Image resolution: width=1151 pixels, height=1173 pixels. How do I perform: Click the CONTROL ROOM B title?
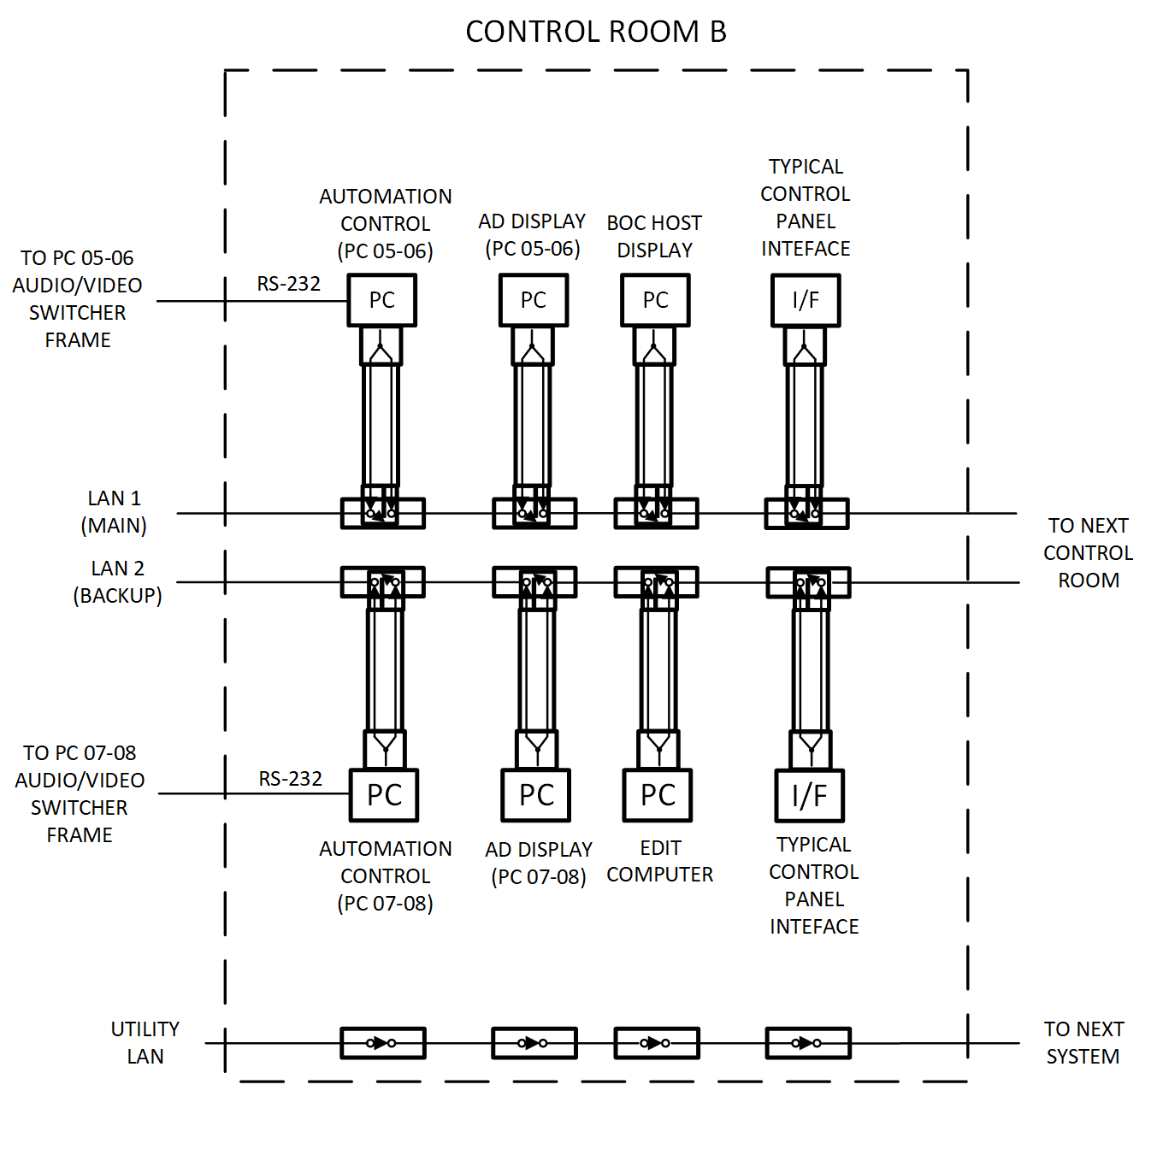point(596,32)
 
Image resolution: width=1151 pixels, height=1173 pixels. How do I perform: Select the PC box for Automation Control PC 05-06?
point(381,300)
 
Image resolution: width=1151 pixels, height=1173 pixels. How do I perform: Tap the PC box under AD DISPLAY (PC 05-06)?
point(534,300)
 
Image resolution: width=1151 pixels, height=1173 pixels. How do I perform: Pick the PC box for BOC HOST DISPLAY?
point(655,300)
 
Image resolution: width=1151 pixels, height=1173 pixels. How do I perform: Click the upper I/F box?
point(806,300)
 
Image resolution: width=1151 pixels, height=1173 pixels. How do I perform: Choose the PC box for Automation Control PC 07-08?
point(384,795)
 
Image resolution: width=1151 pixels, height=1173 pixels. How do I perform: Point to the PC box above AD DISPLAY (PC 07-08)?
point(536,795)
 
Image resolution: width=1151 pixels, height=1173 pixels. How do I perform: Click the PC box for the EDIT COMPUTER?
point(658,795)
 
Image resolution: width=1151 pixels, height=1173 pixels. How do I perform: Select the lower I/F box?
point(809,795)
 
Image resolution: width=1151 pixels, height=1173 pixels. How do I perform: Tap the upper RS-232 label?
point(289,284)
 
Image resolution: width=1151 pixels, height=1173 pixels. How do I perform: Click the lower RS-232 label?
point(291,779)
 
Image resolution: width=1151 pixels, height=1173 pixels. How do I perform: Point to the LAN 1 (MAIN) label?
point(115,511)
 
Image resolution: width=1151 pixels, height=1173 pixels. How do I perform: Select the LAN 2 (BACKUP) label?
point(118,581)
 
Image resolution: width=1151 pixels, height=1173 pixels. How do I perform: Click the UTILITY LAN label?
point(145,1042)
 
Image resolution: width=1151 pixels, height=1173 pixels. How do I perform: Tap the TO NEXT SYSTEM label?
point(1083,1042)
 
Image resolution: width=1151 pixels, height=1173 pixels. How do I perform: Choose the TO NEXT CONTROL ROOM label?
point(1088,552)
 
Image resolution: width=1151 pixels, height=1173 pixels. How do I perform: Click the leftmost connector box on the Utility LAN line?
point(382,1043)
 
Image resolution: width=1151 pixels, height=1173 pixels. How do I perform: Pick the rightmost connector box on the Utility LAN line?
point(808,1043)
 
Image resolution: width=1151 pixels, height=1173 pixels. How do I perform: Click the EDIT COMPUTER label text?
point(660,861)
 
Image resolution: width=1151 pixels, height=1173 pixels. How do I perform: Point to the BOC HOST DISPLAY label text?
point(654,236)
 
